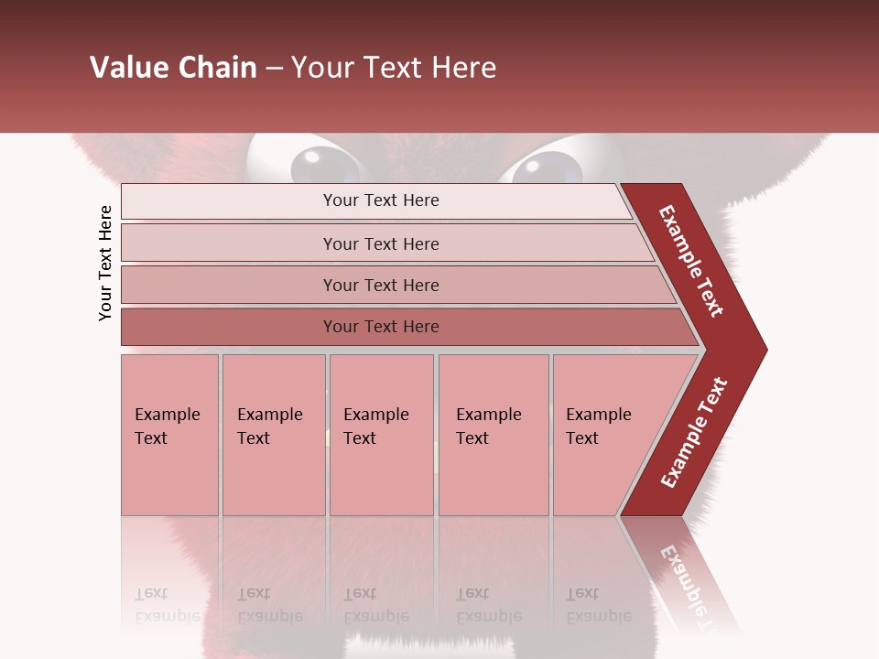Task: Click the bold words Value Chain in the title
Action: coord(173,68)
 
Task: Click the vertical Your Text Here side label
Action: coord(106,263)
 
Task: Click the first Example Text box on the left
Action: coord(169,435)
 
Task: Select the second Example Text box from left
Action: coord(273,435)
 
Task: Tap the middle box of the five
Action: coord(381,435)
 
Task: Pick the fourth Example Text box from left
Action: coord(493,435)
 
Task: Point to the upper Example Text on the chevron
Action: coord(691,261)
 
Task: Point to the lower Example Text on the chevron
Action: coord(694,433)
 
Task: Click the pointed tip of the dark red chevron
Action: coord(762,349)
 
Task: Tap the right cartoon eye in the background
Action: coord(547,167)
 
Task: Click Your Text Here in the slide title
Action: coord(394,68)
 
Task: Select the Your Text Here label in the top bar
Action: coord(381,200)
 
